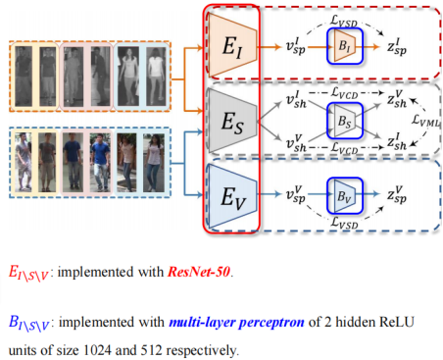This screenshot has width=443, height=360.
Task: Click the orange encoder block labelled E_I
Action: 232,45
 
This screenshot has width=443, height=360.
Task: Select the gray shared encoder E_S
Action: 232,122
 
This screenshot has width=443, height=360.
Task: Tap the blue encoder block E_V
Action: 232,196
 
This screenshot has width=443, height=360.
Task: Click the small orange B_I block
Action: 344,46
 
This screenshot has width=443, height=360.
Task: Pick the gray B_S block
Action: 344,121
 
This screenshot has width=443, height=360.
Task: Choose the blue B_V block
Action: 344,196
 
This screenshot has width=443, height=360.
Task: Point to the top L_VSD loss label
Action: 344,21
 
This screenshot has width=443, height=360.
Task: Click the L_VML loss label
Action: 425,121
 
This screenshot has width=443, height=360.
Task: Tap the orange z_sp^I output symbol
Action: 397,47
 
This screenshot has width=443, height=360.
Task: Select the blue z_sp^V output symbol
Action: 397,194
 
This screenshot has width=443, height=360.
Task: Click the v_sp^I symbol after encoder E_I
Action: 296,46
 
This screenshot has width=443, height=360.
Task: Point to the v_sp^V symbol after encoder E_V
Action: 296,194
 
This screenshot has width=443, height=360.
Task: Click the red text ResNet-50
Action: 199,272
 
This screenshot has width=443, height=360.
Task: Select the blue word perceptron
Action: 271,323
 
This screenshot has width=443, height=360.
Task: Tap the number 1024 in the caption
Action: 97,350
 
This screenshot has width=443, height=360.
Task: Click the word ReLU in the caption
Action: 397,322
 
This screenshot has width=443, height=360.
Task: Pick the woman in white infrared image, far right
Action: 156,77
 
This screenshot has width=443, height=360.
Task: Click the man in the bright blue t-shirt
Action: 100,162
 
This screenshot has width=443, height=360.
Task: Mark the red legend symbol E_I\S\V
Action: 28,273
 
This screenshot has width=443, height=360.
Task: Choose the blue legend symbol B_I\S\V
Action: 28,323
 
